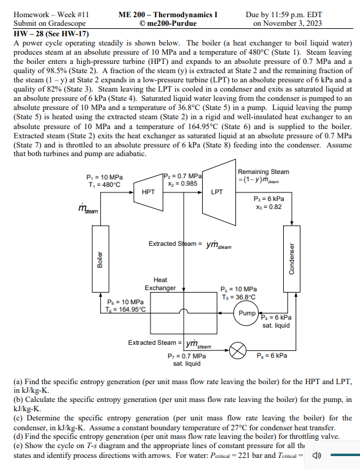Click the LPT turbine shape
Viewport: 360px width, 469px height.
[216, 192]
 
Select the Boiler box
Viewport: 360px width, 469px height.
[99, 261]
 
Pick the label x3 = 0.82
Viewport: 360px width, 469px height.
[268, 207]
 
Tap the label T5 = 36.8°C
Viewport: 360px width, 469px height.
[239, 298]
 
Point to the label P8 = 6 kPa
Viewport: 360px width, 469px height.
[270, 355]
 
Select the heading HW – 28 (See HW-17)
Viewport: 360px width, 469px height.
[47, 34]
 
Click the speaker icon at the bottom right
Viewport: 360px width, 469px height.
[317, 457]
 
